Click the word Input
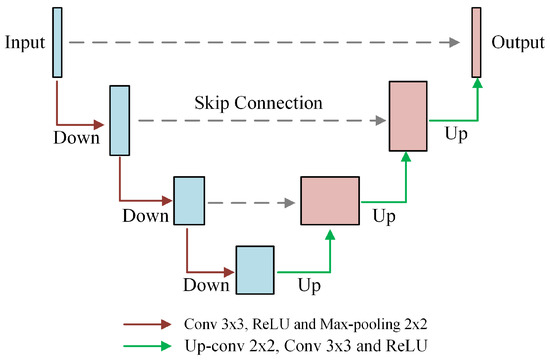point(24,43)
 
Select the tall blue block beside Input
point(57,42)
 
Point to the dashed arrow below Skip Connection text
point(260,120)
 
